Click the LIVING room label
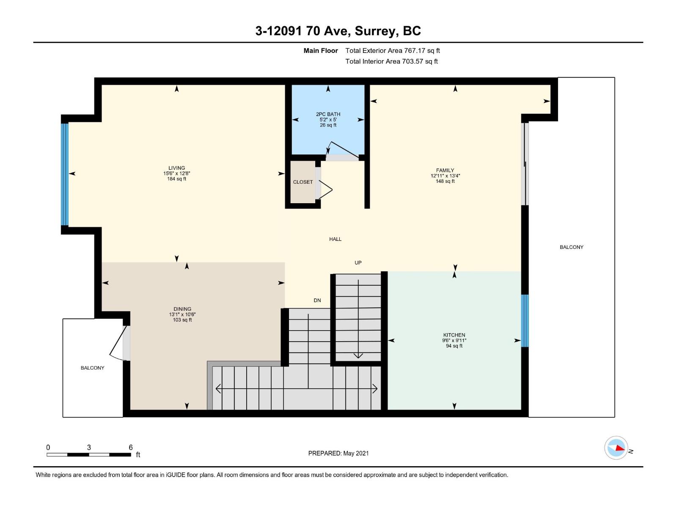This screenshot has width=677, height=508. [176, 168]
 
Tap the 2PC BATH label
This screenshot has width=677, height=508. [328, 114]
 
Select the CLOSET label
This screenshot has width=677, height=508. [303, 182]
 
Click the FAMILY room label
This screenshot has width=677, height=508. [445, 171]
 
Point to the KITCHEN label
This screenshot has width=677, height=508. [454, 335]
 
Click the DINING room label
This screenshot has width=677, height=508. [182, 309]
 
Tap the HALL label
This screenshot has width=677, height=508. [335, 239]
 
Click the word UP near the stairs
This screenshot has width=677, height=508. [358, 262]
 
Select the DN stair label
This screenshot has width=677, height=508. [317, 300]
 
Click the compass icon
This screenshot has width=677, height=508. [616, 447]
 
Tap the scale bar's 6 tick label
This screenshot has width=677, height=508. [131, 447]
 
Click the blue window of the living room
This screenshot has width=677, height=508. [65, 174]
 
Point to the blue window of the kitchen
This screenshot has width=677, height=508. [525, 320]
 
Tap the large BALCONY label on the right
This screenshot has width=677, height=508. [571, 247]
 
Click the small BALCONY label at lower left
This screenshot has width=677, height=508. [92, 368]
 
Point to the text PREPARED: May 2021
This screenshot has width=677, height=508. [338, 453]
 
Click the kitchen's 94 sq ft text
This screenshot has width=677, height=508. [454, 346]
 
